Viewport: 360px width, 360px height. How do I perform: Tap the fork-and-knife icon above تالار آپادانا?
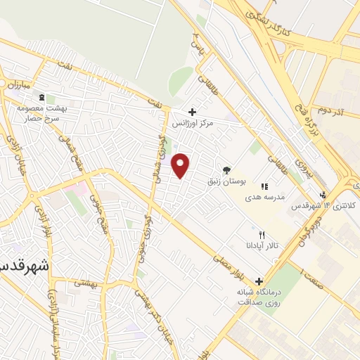pos(262,234)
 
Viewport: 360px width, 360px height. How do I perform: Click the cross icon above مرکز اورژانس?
pos(193,112)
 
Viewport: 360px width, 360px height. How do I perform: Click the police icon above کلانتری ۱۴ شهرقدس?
pos(322,195)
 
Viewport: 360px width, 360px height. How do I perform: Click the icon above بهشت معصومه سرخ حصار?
pos(41,97)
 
